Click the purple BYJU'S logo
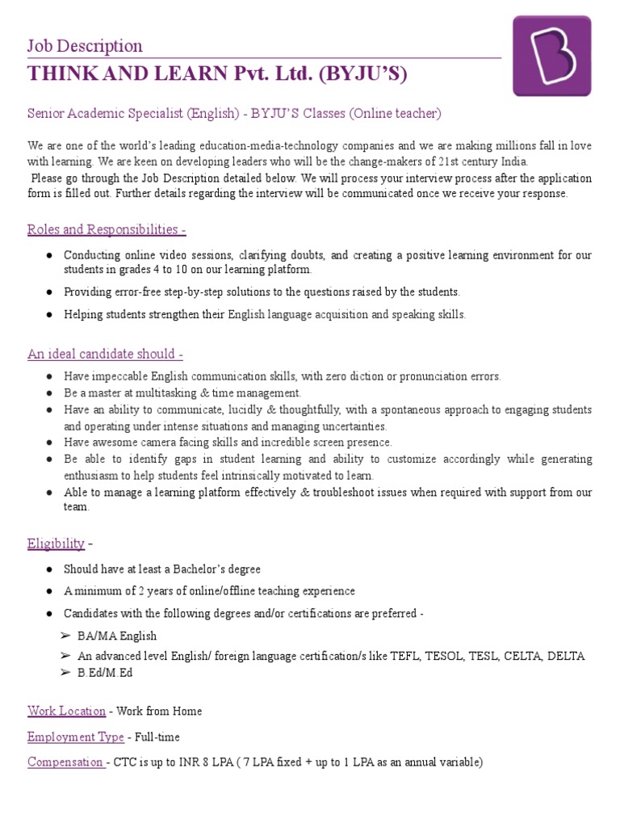click(551, 55)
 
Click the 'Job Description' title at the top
click(85, 46)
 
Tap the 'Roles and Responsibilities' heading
click(107, 229)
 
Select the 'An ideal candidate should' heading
click(105, 354)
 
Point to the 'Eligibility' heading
click(56, 543)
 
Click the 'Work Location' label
click(66, 711)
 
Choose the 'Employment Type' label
click(75, 737)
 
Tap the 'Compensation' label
click(66, 762)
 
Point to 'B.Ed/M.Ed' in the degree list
click(106, 672)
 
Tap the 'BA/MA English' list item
click(117, 636)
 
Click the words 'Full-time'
click(157, 737)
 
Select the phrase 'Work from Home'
click(159, 711)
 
